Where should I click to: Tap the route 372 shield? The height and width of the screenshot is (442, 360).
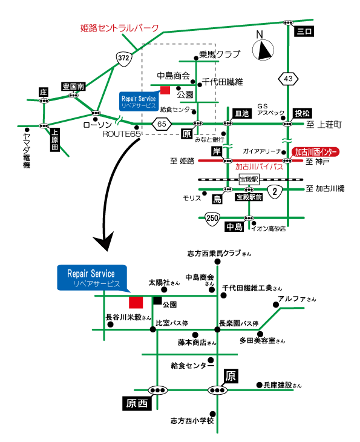click(123, 58)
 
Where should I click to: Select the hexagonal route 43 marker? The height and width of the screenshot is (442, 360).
click(288, 79)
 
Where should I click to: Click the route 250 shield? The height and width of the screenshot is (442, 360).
click(212, 219)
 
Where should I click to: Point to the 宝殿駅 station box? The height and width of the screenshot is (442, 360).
click(249, 179)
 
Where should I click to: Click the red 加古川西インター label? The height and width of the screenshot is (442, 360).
click(315, 152)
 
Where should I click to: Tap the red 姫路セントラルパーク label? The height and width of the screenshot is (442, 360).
click(119, 28)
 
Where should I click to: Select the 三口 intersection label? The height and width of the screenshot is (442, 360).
click(304, 31)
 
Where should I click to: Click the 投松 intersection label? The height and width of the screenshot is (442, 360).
click(303, 114)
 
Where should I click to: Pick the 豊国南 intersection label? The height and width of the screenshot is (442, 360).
click(73, 86)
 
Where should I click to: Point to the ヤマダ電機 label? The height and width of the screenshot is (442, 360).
click(27, 151)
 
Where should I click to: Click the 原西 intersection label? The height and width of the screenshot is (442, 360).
click(137, 403)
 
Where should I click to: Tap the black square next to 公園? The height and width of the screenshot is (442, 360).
click(157, 300)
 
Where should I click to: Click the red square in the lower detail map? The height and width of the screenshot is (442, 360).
click(136, 303)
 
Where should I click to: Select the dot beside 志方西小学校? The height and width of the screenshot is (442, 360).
click(213, 414)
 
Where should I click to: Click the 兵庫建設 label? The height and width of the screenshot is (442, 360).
click(283, 385)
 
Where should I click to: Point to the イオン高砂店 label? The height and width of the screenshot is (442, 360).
click(269, 229)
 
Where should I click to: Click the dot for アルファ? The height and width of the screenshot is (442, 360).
click(276, 305)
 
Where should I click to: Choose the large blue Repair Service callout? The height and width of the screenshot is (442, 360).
click(92, 278)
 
